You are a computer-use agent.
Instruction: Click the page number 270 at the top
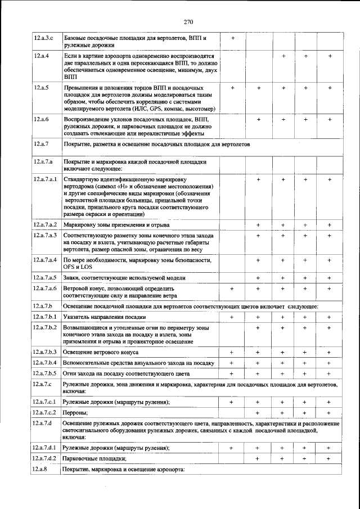click(188, 22)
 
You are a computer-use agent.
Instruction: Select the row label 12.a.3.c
click(43, 38)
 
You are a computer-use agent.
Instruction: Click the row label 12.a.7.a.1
click(46, 179)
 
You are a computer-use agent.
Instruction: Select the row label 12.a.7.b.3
click(46, 352)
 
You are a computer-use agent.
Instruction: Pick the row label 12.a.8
click(41, 469)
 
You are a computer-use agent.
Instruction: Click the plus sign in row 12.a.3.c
click(233, 38)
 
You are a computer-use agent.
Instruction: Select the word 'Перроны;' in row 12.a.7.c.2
click(75, 413)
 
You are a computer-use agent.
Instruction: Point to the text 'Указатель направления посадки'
click(101, 317)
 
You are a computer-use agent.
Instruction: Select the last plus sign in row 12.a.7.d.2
click(330, 458)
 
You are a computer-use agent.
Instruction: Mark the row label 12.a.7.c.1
click(46, 402)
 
